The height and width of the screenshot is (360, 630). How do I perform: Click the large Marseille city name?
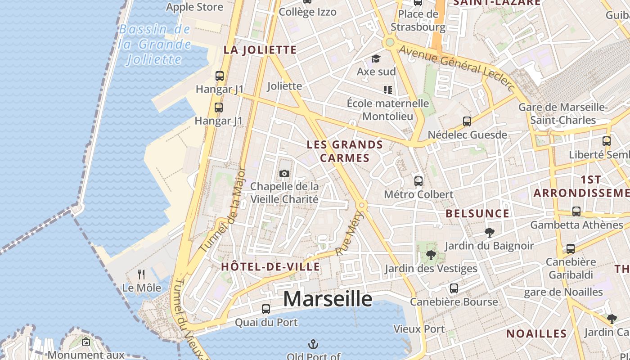(328, 298)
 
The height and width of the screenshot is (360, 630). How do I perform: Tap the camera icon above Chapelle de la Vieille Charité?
(284, 173)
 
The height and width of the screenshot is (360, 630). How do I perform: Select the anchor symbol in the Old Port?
(313, 345)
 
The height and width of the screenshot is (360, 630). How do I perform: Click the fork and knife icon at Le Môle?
(141, 274)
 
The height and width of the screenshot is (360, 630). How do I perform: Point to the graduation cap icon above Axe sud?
(376, 58)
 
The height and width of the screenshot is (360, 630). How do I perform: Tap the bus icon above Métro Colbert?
(418, 181)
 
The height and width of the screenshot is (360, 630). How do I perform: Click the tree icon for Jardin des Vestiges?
(431, 255)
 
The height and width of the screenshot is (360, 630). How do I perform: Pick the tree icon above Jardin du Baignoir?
(489, 233)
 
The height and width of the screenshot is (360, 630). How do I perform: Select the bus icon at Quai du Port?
(266, 309)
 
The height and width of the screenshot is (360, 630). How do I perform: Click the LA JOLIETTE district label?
(260, 50)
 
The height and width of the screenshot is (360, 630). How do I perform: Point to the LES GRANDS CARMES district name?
(345, 151)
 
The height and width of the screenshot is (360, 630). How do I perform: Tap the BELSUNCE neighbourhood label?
(477, 213)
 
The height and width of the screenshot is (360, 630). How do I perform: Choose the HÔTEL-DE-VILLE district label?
(270, 266)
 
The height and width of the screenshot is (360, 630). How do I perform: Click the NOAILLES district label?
(536, 333)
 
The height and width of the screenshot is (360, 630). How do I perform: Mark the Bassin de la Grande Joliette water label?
(154, 44)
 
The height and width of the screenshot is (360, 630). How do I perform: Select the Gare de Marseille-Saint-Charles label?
(563, 114)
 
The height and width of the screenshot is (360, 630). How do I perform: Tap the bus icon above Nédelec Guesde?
(467, 121)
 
